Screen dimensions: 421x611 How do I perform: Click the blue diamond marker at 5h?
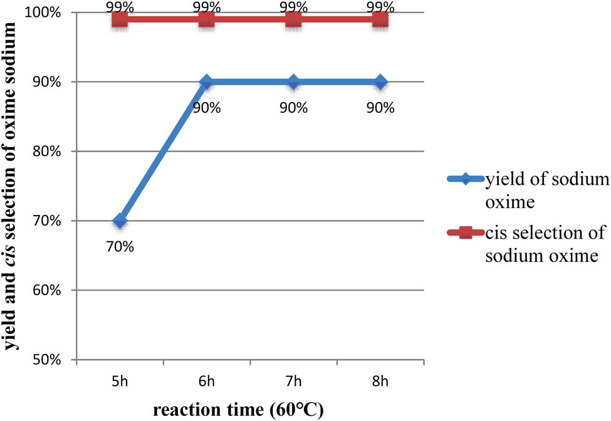(120, 221)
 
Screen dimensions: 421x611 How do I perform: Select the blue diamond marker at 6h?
(207, 82)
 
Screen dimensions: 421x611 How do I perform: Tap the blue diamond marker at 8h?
(380, 82)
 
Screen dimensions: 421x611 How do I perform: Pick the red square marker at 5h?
(120, 19)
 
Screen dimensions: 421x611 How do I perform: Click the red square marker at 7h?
(293, 19)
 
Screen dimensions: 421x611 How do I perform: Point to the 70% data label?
(120, 246)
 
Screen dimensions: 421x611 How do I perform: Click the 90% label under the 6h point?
(207, 108)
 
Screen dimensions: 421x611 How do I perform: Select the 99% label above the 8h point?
(380, 6)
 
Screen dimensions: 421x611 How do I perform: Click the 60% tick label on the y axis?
(55, 290)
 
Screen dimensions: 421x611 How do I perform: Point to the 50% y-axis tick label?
(55, 360)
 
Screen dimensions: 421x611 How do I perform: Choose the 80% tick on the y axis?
(55, 151)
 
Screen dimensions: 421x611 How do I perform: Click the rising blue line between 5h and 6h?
(163, 152)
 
